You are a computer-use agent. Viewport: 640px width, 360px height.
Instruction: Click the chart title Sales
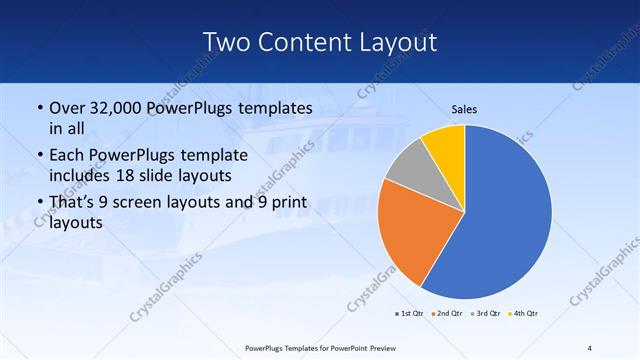pos(464,109)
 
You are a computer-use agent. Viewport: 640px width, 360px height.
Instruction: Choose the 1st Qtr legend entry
pos(409,314)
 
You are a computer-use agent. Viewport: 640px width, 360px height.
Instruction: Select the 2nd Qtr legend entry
pos(446,314)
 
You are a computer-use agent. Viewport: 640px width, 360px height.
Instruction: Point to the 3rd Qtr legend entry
pos(485,314)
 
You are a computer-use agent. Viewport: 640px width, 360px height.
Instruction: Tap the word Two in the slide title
pos(227,42)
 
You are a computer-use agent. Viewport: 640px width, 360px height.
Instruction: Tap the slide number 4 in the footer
pos(589,348)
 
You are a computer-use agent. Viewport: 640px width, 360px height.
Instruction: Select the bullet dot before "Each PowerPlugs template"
pos(39,156)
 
